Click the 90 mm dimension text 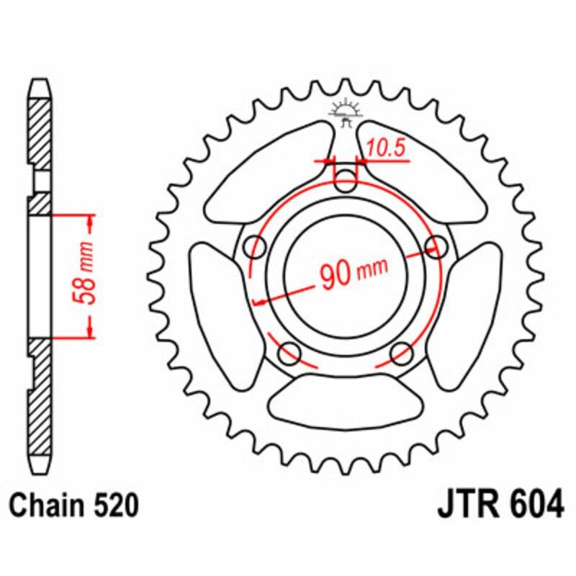[353, 273]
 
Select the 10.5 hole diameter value [384, 148]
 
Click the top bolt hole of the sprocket [346, 181]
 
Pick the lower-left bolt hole [290, 353]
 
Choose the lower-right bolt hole [402, 353]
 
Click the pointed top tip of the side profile [40, 81]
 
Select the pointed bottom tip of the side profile [40, 472]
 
